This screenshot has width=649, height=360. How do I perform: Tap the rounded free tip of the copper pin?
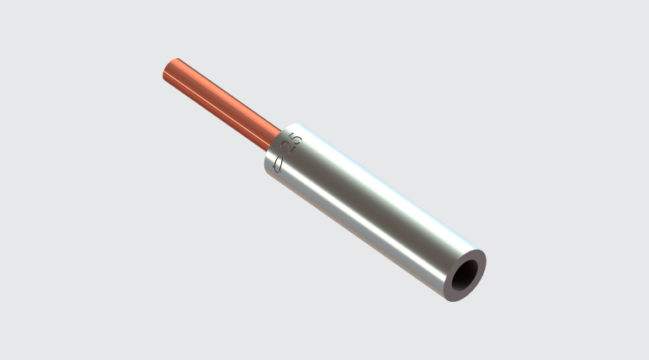[x=165, y=70]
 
